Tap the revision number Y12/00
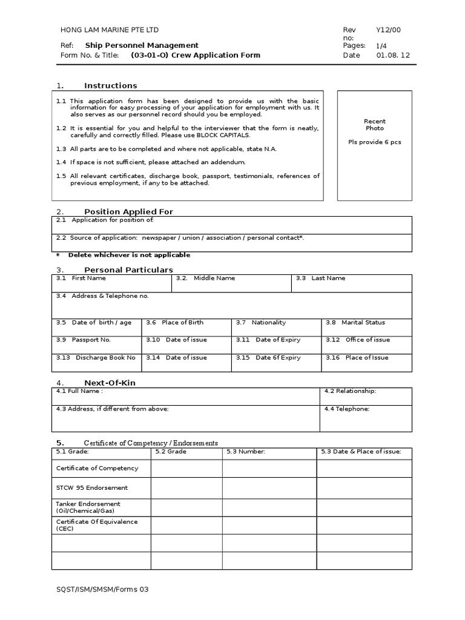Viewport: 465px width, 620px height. point(388,30)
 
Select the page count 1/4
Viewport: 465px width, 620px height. point(381,45)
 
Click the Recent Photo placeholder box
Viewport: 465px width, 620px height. point(374,145)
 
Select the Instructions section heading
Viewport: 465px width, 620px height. point(110,85)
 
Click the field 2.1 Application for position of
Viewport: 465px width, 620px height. point(232,224)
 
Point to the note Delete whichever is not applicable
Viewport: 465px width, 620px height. point(129,255)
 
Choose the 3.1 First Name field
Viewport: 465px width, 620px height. point(112,283)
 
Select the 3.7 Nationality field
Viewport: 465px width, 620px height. point(276,327)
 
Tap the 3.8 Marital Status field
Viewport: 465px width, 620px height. point(366,327)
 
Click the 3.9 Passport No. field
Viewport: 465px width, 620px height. point(97,344)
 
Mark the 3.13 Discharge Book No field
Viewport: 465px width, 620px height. point(97,361)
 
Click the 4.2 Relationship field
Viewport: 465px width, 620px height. point(366,396)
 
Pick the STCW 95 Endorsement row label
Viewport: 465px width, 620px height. point(92,487)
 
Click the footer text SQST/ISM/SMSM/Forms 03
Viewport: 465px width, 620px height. point(102,589)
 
